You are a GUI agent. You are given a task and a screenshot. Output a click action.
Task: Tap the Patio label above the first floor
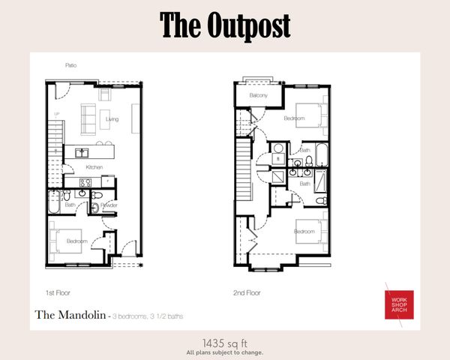(70, 66)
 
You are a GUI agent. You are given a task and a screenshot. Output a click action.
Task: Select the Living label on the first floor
(112, 118)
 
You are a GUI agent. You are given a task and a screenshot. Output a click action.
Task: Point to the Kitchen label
(94, 166)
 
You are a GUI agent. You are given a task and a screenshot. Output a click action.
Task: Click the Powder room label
(109, 204)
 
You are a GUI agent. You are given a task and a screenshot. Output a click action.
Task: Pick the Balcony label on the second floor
(259, 96)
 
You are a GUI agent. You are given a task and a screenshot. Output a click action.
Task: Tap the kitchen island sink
(79, 154)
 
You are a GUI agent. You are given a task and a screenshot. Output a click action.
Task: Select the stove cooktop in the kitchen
(85, 182)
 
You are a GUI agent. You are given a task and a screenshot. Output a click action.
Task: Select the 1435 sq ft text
(224, 340)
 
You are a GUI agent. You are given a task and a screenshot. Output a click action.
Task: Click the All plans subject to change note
(224, 351)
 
